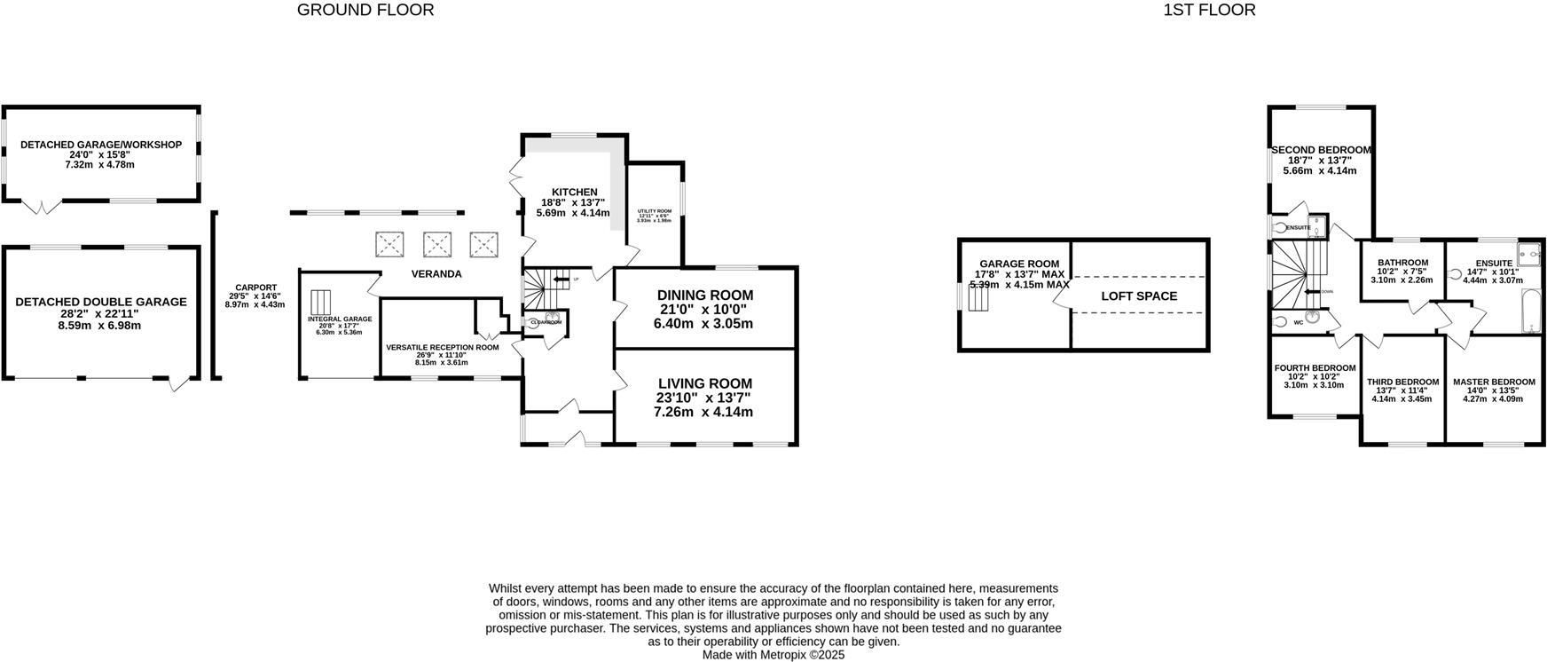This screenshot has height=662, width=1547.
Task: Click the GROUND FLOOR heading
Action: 365,11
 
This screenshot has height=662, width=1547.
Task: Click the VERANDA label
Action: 436,274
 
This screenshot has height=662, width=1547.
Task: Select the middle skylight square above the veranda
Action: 436,244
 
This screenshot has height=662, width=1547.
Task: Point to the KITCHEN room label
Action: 574,193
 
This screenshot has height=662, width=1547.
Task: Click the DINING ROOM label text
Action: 704,296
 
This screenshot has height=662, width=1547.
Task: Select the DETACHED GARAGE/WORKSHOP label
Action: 101,145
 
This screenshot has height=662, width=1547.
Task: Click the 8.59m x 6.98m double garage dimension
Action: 101,326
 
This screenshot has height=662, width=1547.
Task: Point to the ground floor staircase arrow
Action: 560,280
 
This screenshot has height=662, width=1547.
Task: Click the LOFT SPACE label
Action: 1139,296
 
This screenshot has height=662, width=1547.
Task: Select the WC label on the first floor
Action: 1299,323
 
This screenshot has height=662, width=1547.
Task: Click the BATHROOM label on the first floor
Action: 1402,263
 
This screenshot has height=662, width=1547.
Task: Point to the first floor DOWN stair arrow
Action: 1314,291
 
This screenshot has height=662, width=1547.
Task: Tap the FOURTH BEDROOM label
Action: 1315,368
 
